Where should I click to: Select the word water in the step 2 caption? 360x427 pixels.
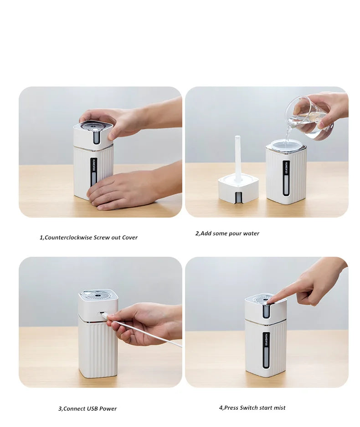click(251, 234)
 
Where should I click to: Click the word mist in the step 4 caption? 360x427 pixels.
click(279, 408)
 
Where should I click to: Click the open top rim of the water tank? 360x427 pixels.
click(287, 145)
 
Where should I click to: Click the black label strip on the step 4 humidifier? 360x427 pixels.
click(266, 349)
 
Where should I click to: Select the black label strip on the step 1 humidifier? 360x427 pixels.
click(93, 172)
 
